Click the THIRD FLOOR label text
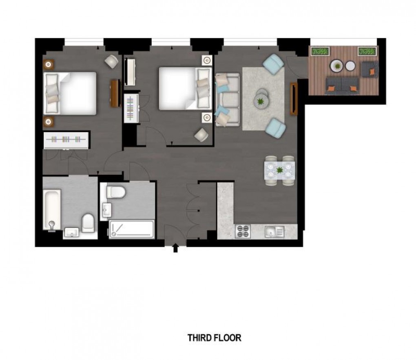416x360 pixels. (x=215, y=338)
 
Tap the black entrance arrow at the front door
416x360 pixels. (x=175, y=248)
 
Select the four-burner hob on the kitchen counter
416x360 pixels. (x=243, y=231)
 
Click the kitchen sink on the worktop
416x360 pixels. (x=274, y=232)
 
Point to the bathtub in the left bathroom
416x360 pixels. (x=52, y=210)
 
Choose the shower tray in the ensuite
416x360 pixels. (x=132, y=229)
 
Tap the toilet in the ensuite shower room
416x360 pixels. (x=116, y=192)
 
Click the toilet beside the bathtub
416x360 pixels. (x=88, y=223)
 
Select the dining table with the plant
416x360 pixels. (x=279, y=170)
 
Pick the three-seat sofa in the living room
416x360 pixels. (x=228, y=100)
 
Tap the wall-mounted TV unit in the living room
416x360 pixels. (x=294, y=99)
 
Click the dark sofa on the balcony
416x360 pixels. (x=342, y=86)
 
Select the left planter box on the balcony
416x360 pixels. (x=320, y=51)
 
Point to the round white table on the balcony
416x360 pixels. (x=350, y=66)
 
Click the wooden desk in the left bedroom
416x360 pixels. (x=115, y=93)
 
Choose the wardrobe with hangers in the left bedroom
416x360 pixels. (x=66, y=140)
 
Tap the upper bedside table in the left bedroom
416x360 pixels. (x=48, y=64)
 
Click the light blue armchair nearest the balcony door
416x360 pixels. (x=273, y=63)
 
